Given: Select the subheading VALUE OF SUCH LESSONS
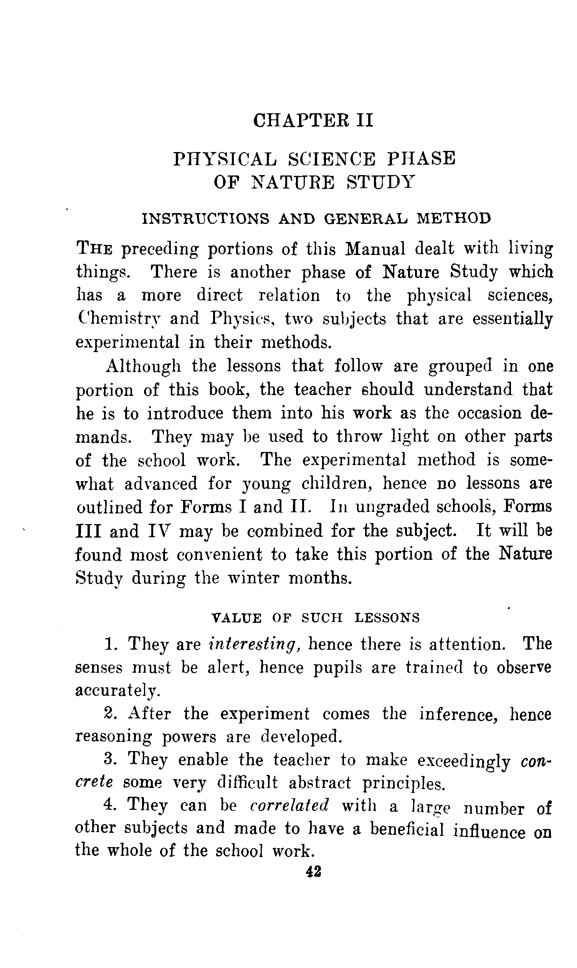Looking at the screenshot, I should (x=315, y=617).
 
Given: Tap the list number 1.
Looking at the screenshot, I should (x=110, y=644).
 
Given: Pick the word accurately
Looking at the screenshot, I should (x=117, y=691).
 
